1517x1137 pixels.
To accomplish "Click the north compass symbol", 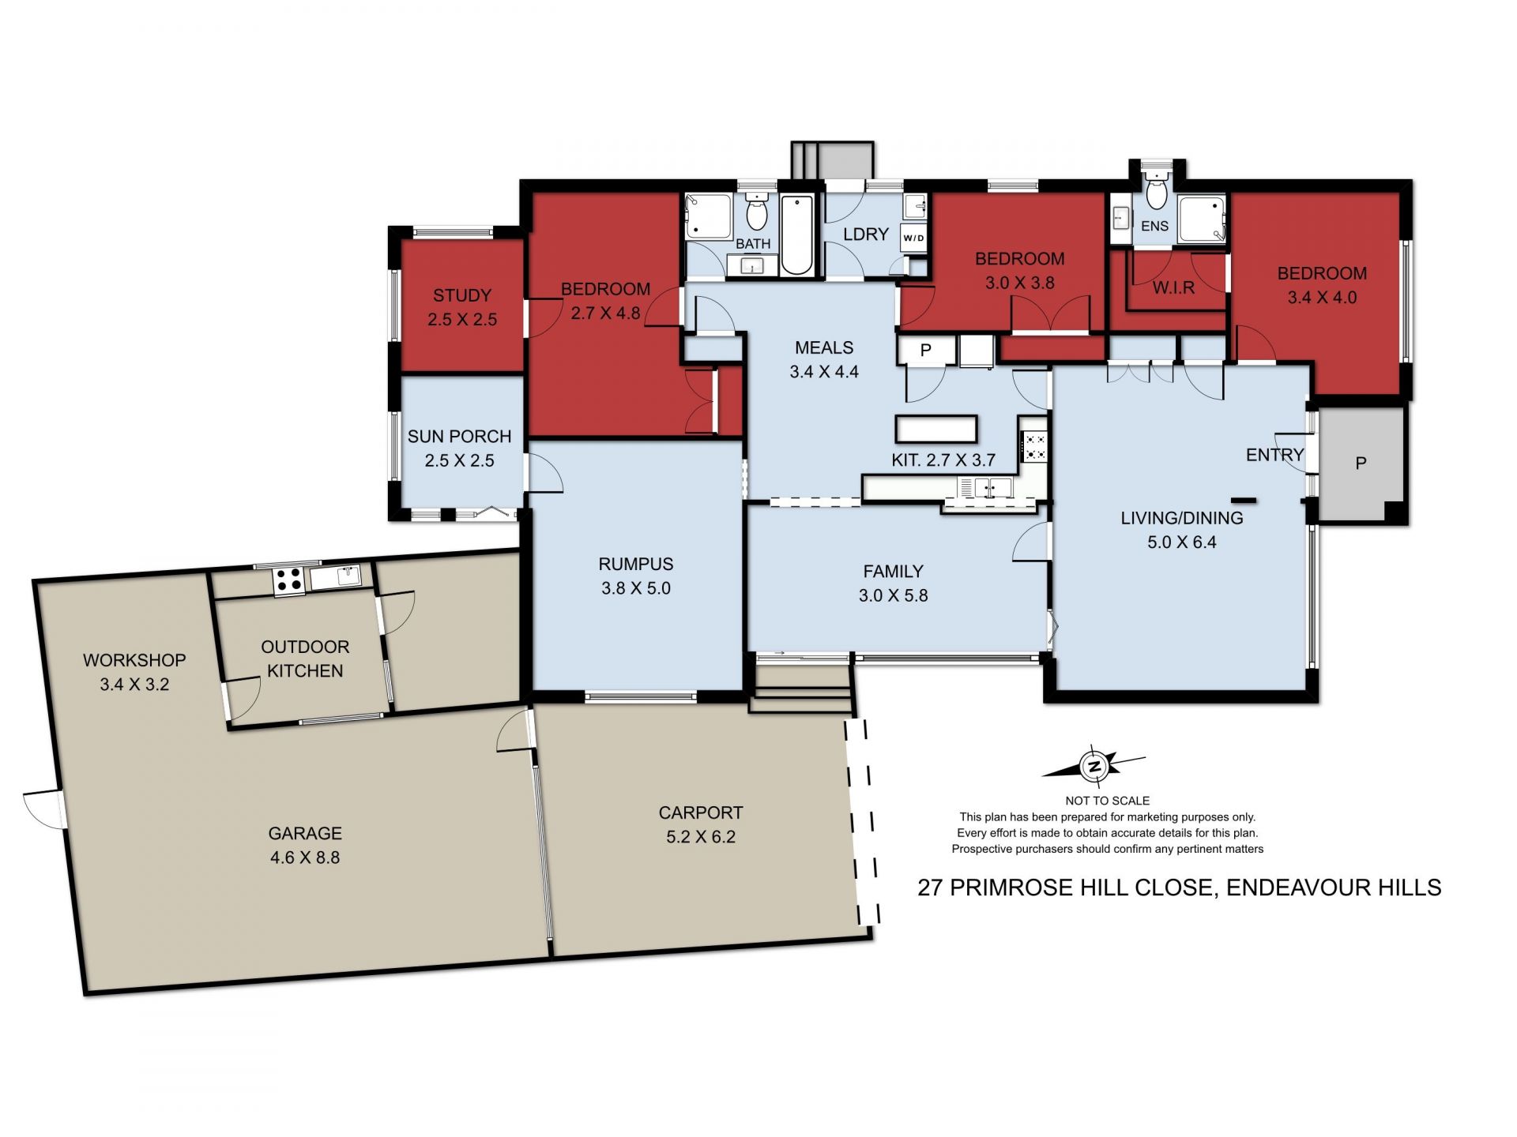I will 1094,766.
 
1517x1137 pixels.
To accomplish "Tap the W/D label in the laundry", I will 913,238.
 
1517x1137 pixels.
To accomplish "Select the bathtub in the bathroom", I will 796,235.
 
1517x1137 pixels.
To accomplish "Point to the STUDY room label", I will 462,295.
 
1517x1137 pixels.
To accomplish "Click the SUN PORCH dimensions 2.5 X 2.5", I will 460,460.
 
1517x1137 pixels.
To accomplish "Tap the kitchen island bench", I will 936,429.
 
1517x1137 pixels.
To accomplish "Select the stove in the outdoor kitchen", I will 289,580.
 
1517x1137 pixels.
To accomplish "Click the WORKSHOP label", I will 134,660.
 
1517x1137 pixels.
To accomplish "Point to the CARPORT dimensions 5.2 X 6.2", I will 701,837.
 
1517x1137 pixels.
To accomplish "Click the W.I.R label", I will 1173,288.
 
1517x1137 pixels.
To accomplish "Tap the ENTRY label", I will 1274,455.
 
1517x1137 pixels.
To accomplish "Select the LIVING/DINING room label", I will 1182,518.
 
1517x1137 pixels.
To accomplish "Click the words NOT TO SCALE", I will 1107,801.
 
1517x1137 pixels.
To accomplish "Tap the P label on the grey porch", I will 1361,463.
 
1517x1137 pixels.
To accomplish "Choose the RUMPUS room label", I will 636,564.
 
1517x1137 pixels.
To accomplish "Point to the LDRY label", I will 866,235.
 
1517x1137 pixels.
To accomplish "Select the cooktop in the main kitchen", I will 1035,446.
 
